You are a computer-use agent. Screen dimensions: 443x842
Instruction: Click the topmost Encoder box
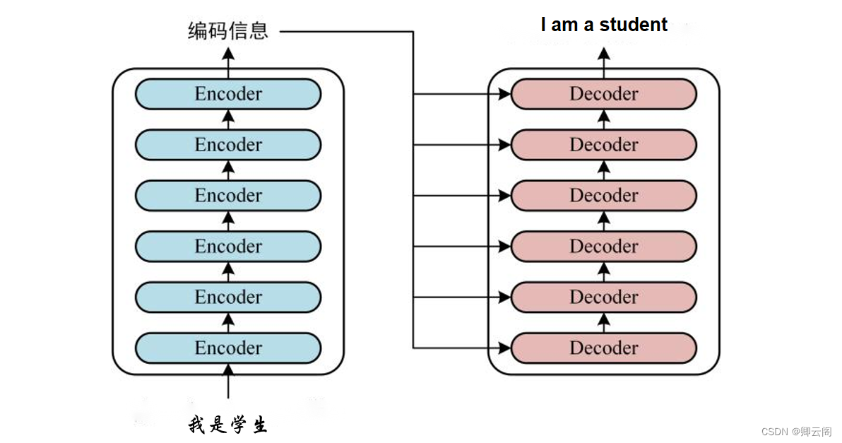pos(228,94)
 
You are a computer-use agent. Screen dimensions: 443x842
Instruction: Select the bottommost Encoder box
pos(228,348)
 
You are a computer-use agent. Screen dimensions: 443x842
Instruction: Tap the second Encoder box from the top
pos(228,145)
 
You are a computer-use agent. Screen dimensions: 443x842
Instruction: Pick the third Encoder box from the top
pos(228,196)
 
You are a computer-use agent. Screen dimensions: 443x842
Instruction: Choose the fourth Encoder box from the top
pos(228,247)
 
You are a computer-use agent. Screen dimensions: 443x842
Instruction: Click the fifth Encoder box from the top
pos(228,297)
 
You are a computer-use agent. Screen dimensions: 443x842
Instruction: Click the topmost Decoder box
pos(604,94)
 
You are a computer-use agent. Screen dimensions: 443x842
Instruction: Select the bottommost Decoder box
pos(604,348)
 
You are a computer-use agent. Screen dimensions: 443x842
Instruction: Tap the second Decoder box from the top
pos(604,145)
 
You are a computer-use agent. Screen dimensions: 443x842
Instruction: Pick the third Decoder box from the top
pos(604,196)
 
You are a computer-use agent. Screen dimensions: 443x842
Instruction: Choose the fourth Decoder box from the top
pos(604,247)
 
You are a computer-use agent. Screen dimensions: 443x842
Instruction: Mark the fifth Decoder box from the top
pos(604,297)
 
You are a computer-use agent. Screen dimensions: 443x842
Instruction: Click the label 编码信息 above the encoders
pos(228,31)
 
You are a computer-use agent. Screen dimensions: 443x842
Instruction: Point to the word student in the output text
pos(633,25)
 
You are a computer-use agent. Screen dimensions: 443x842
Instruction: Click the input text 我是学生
pos(228,425)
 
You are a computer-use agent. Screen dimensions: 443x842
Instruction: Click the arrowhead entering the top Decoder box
pos(504,94)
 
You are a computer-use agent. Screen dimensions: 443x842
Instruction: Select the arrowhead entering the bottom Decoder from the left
pos(504,348)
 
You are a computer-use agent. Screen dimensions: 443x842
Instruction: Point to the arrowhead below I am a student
pos(604,52)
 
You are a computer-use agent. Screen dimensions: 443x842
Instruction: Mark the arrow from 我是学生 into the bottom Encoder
pos(228,382)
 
